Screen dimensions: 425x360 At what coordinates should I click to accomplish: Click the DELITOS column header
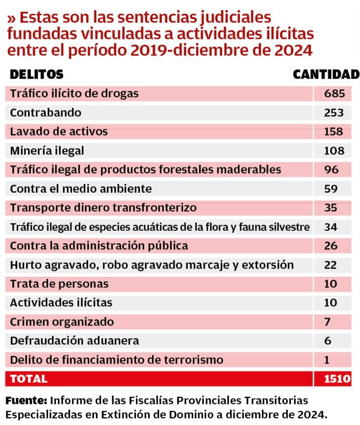[x=37, y=75]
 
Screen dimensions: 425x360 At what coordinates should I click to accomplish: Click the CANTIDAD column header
[x=326, y=75]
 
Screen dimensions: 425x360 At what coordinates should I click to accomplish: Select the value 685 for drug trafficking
[x=334, y=93]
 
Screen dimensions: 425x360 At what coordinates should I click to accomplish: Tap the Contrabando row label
[x=46, y=112]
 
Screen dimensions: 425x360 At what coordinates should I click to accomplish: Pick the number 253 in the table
[x=334, y=112]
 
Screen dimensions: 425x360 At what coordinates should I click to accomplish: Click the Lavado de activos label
[x=59, y=132]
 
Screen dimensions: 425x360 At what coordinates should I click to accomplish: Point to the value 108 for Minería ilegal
[x=334, y=151]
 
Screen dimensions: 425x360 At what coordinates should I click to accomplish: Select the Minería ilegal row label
[x=47, y=151]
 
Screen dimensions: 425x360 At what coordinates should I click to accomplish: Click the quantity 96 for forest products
[x=332, y=170]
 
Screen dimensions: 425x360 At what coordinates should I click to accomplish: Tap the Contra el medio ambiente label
[x=81, y=189]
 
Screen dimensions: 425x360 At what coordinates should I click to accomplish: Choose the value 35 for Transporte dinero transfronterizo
[x=331, y=208]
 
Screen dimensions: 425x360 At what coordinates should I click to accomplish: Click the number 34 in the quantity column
[x=331, y=227]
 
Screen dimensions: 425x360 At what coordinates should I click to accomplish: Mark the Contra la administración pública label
[x=99, y=246]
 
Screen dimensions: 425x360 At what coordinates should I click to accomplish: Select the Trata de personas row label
[x=59, y=284]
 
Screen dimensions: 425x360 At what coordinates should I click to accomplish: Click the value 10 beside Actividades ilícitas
[x=331, y=303]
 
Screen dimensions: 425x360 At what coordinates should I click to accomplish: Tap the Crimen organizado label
[x=62, y=322]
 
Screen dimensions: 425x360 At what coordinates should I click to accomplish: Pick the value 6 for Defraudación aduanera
[x=328, y=341]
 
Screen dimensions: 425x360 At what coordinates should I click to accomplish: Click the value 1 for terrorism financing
[x=327, y=360]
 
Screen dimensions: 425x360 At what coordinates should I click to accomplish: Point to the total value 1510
[x=337, y=379]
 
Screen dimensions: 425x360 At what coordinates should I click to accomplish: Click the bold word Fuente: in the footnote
[x=26, y=400]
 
